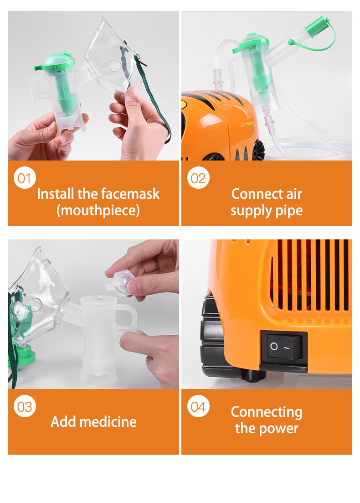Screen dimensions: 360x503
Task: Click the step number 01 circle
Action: tap(25, 178)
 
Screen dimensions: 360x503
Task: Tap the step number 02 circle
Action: tap(198, 178)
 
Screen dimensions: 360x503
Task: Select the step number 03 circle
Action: tap(25, 406)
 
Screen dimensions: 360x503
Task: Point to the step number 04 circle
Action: tap(198, 406)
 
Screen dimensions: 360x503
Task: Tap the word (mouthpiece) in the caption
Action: tap(98, 210)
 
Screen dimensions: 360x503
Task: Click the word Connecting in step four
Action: tap(267, 412)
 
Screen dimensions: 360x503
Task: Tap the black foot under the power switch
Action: tap(253, 375)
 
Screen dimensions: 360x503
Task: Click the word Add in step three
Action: tap(63, 422)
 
